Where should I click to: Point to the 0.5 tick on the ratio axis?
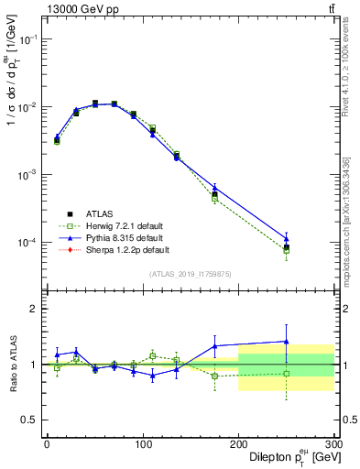pos(33,420)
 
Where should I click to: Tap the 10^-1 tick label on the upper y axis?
pos(30,39)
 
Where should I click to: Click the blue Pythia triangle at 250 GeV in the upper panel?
pos(287,238)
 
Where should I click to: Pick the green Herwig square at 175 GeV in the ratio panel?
pos(214,376)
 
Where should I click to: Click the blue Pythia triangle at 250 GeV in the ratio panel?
pos(287,341)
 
